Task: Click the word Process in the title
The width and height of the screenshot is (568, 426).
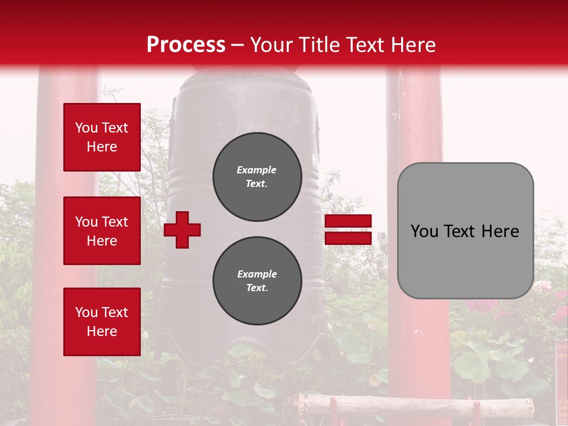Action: pos(186,44)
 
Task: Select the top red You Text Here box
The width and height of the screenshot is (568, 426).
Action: pos(102,137)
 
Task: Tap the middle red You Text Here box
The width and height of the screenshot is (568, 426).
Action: pos(102,231)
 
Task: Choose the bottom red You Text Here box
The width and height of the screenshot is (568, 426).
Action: pos(102,321)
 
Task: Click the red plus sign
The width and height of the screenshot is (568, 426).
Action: pos(182,230)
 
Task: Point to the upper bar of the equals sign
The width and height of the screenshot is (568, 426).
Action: pos(348,221)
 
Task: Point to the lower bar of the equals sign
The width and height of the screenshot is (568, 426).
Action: pos(348,238)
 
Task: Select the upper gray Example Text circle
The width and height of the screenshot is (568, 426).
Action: pos(257,176)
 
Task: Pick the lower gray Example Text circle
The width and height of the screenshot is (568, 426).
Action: pos(257,280)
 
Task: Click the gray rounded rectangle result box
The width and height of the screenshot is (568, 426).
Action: pos(465,260)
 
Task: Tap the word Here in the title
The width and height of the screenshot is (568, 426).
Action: pos(414,44)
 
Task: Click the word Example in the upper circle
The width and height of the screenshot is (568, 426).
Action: pos(257,170)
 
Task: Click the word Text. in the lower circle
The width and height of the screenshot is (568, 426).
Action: pos(257,288)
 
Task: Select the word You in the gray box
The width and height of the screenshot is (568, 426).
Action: pos(424,231)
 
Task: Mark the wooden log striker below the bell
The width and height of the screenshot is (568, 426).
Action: pos(414,405)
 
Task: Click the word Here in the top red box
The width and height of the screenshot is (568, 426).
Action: pos(102,147)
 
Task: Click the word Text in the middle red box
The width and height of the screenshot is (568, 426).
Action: pos(115,222)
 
